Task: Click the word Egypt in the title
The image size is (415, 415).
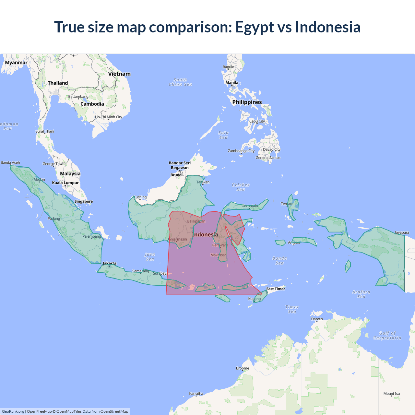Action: pos(255,27)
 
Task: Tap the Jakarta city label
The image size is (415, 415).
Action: pos(109,263)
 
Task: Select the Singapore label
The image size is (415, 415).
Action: pos(84,201)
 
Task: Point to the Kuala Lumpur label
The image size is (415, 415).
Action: pos(65,183)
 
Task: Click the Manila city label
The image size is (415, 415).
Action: pos(232,83)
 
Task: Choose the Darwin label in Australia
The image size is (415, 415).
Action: pos(317,319)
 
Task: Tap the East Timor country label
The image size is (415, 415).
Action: pos(276,289)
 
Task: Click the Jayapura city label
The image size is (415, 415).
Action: pos(402,232)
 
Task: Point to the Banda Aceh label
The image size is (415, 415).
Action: pos(10,163)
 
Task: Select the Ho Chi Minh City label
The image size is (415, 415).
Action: pos(109,117)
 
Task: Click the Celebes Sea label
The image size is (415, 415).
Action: pos(241,187)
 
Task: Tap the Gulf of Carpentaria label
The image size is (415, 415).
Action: pos(387,336)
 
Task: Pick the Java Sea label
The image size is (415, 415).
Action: pos(150,257)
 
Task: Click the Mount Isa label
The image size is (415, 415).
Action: pos(392,394)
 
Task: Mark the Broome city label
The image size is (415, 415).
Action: pos(243,368)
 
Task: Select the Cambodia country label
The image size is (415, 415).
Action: pos(92,104)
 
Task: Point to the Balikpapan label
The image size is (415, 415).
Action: pos(196,221)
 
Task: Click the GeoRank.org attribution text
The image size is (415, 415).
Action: pos(13,411)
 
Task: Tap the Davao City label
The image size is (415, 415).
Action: pos(272,149)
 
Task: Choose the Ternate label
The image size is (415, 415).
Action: pos(287,204)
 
